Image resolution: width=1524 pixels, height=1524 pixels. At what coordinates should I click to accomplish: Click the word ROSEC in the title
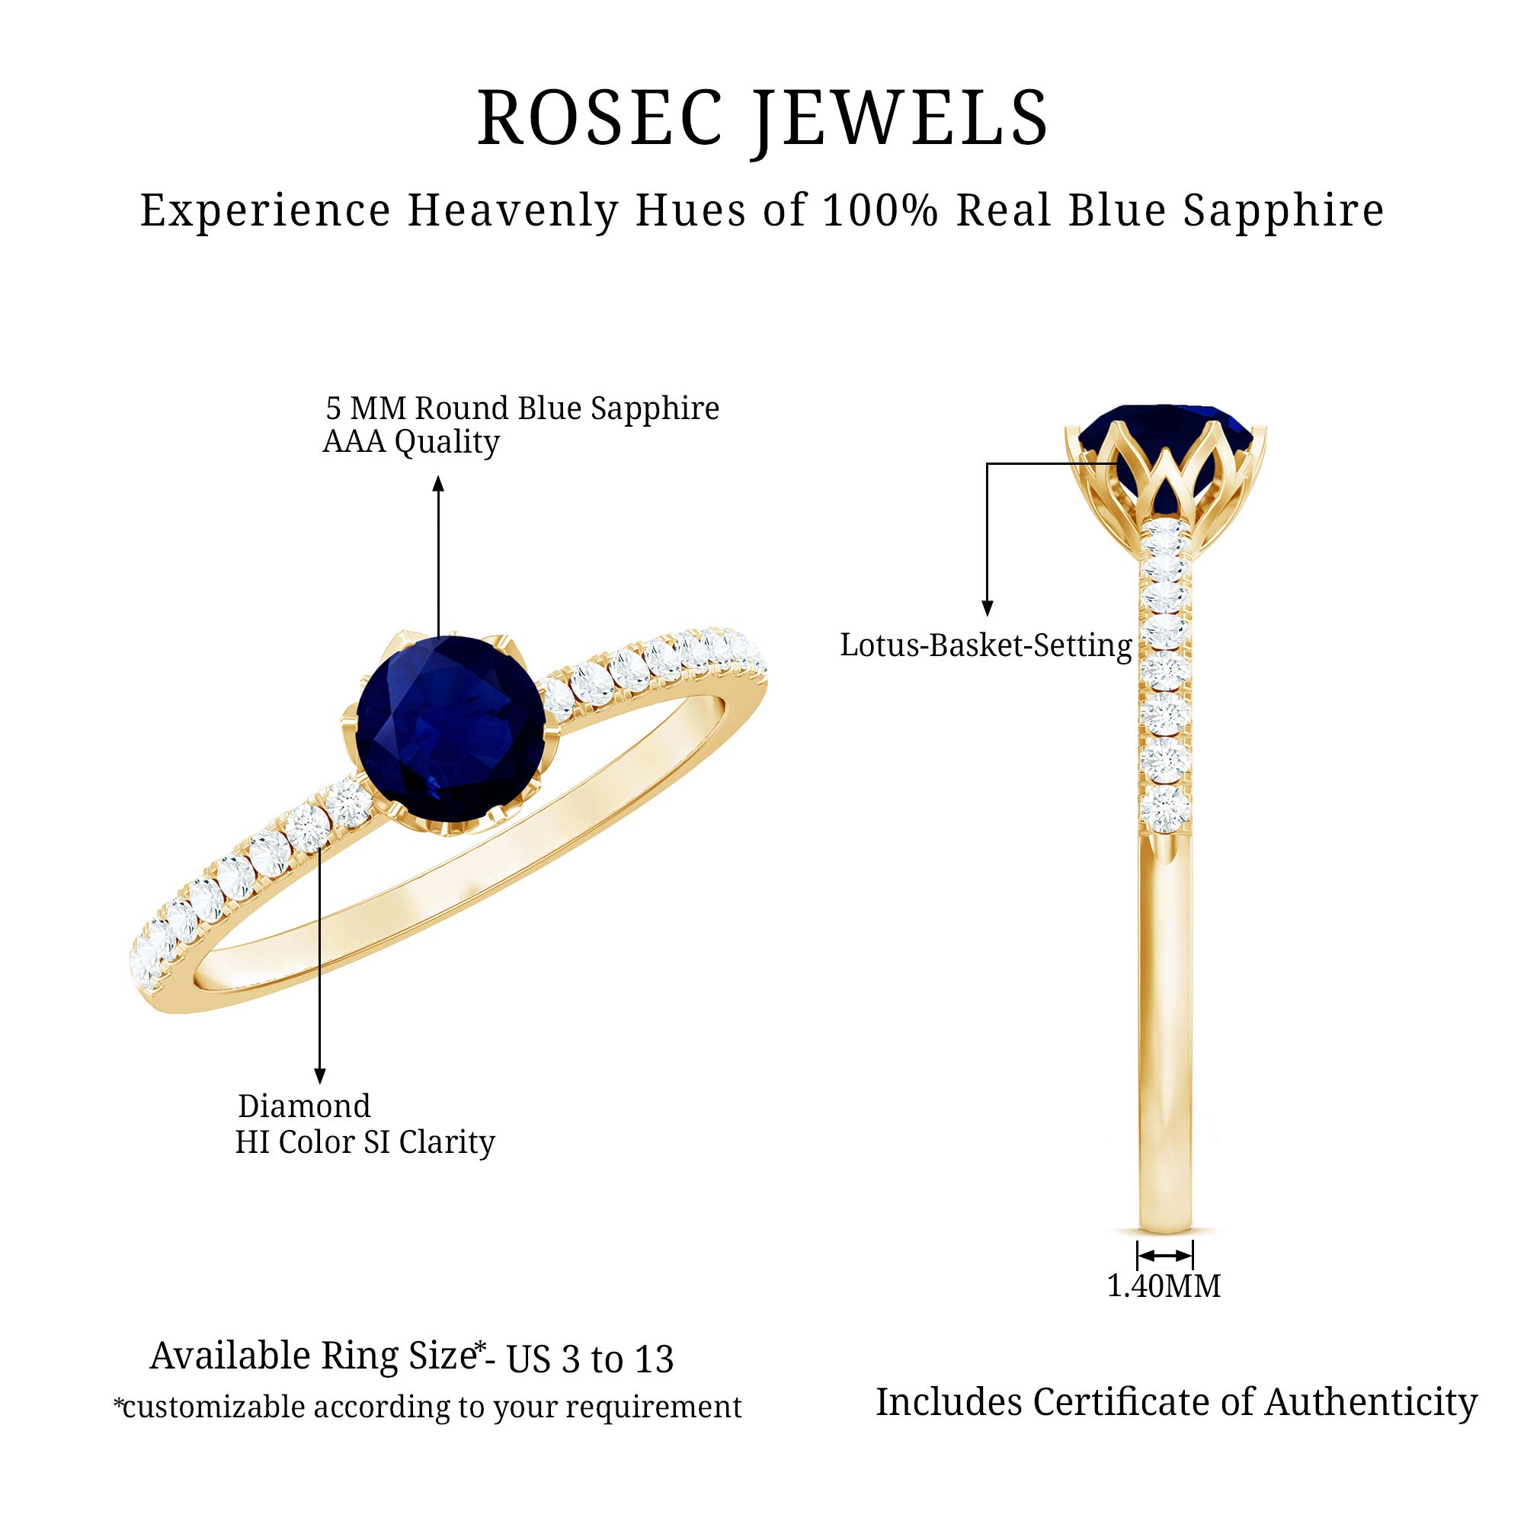click(600, 118)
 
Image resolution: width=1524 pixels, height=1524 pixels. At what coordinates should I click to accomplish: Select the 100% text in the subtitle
click(880, 210)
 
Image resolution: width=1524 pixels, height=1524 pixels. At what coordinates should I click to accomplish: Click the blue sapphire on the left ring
click(451, 727)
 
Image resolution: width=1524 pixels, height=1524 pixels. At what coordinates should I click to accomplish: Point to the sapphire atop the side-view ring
click(1165, 430)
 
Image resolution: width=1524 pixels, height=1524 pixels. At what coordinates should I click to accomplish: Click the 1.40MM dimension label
click(1164, 1286)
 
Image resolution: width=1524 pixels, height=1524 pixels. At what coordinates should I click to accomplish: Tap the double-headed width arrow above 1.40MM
click(1164, 1255)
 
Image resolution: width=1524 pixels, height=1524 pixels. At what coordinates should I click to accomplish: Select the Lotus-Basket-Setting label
click(985, 646)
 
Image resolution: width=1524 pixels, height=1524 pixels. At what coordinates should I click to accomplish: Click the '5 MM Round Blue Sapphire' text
click(522, 408)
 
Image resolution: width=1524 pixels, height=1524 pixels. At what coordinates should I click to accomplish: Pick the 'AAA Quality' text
click(411, 442)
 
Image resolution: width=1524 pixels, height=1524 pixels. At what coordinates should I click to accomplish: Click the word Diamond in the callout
click(305, 1106)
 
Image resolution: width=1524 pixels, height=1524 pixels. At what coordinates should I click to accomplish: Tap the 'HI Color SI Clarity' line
click(364, 1142)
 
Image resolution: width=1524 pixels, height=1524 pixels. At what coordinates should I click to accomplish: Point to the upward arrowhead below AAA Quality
click(439, 483)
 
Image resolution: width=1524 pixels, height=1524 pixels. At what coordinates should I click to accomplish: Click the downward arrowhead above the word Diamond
click(319, 1076)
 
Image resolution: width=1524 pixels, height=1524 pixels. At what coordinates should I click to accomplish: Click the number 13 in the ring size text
click(653, 1359)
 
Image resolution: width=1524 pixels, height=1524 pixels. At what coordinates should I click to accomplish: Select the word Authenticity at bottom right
click(1371, 1403)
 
